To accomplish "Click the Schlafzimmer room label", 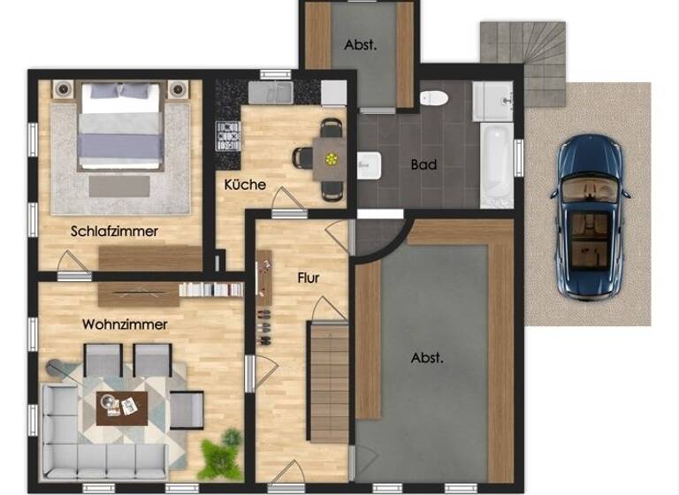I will tap(115, 232).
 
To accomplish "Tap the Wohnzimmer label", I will tap(125, 324).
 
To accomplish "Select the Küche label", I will tap(245, 185).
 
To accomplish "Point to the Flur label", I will tap(308, 278).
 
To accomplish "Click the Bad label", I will tap(424, 164).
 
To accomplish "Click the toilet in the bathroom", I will tap(435, 97).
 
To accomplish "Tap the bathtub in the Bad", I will tap(496, 164).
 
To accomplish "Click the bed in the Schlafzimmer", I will tap(120, 126).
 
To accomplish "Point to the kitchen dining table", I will tap(331, 159).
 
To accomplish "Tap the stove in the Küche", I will tap(228, 137).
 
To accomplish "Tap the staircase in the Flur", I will tap(327, 380).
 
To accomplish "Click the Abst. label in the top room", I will tap(360, 46).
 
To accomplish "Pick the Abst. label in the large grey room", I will tap(427, 358).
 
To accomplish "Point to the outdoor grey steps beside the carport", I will tap(522, 51).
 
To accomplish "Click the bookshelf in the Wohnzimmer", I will tap(210, 289).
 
